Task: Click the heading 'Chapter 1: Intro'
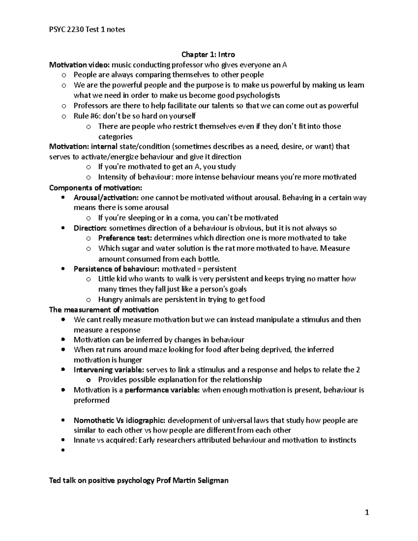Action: pos(208,54)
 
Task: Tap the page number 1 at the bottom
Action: pos(366,512)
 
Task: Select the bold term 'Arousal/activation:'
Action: pos(106,198)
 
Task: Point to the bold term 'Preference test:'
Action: pos(125,238)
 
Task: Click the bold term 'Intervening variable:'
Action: pos(109,370)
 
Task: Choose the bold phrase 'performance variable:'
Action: pos(162,390)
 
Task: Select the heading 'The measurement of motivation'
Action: pos(104,310)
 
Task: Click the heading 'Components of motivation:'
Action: pos(96,188)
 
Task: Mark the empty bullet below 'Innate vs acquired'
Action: pos(63,450)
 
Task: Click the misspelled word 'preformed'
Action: pos(92,400)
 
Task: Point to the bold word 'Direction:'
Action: pos(90,228)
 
